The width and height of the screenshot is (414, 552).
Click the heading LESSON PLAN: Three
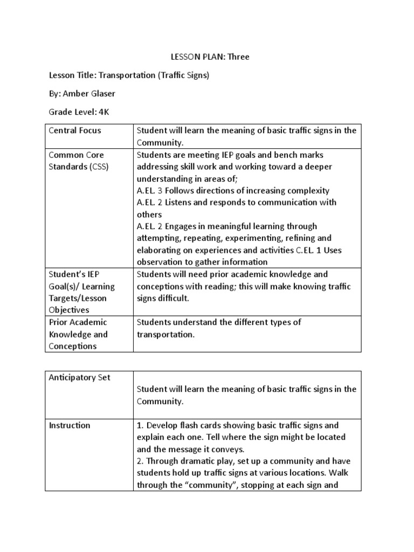coord(207,57)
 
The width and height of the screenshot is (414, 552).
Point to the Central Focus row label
coord(74,130)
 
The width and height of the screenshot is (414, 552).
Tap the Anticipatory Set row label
coord(79,377)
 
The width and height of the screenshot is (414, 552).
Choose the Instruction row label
coord(70,425)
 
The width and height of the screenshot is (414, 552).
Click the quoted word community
coord(204,485)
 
